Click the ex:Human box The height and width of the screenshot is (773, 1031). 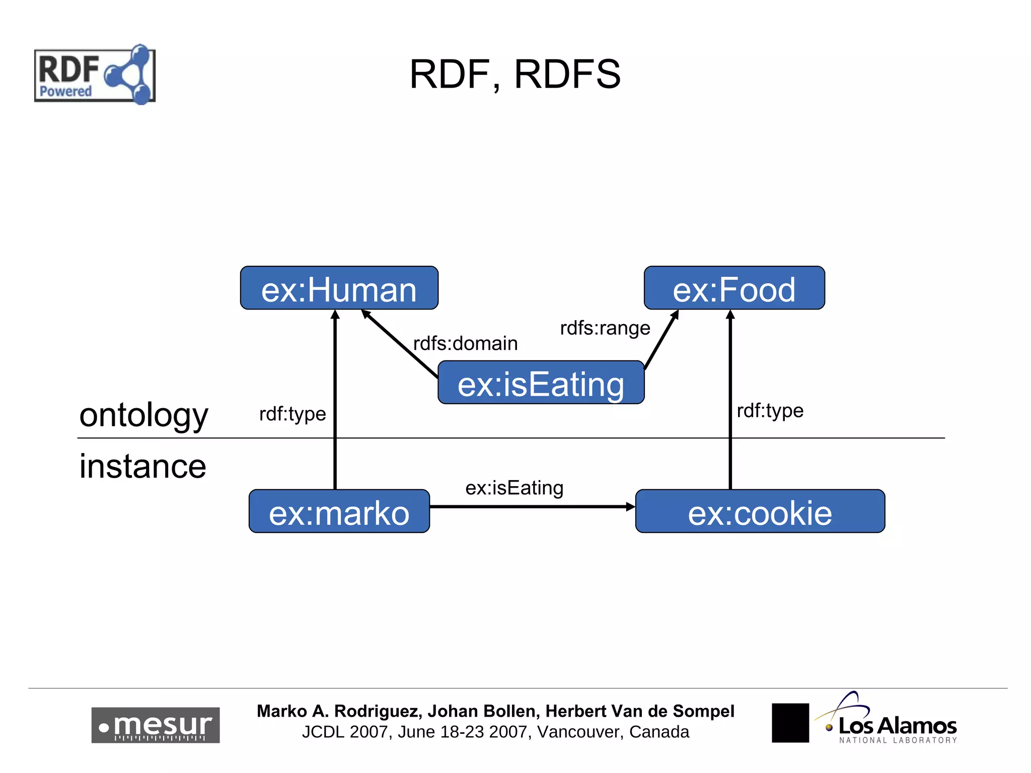[x=339, y=288]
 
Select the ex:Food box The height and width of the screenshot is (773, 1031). [x=734, y=288]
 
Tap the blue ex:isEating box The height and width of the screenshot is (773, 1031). [x=541, y=383]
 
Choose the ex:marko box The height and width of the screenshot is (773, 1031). [x=339, y=512]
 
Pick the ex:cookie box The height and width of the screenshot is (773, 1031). [x=760, y=512]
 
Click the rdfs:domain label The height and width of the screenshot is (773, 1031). [x=465, y=344]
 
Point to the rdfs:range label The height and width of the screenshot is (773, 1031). [x=605, y=328]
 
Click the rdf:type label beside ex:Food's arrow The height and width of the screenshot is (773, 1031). [x=770, y=411]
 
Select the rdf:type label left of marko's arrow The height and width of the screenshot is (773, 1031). [x=292, y=414]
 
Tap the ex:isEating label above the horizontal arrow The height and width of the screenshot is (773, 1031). [x=514, y=488]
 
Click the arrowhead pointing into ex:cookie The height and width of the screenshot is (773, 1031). [x=630, y=507]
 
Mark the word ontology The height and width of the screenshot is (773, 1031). [x=143, y=416]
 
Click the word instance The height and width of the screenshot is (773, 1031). [x=142, y=466]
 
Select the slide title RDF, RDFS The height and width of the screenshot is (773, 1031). [x=515, y=74]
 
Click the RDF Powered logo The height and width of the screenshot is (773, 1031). [x=95, y=75]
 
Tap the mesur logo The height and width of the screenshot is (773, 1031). [x=155, y=725]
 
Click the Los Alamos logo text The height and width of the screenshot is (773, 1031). [x=897, y=725]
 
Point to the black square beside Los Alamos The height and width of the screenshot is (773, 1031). [x=790, y=723]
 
